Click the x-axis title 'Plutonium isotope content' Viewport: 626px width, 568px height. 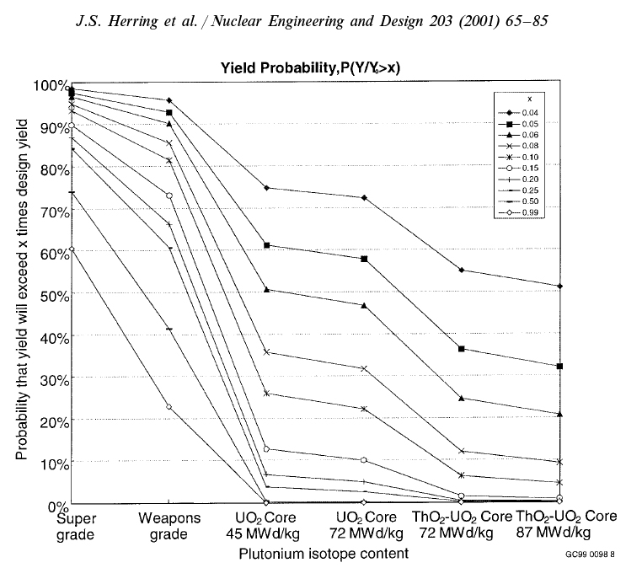click(x=323, y=553)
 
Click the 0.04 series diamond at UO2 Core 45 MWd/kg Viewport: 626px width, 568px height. click(x=266, y=188)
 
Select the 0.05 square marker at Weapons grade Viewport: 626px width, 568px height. click(x=169, y=112)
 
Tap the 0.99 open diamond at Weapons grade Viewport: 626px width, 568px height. click(x=169, y=406)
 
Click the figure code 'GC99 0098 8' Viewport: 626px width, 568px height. click(x=591, y=555)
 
